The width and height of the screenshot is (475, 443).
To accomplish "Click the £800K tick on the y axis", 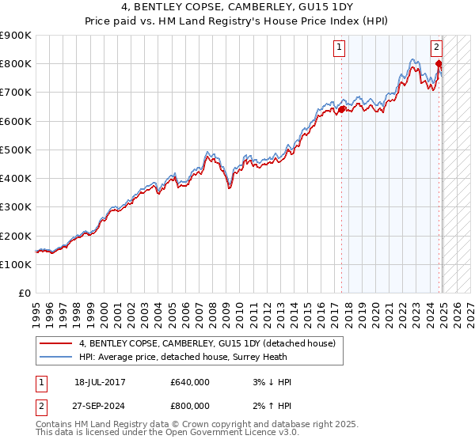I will pos(16,63).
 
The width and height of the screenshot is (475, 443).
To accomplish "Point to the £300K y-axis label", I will pos(16,207).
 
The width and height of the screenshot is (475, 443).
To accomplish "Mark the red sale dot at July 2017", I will pos(341,109).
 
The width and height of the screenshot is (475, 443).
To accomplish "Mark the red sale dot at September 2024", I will pos(439,64).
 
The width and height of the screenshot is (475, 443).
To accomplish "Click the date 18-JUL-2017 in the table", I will pos(100,382).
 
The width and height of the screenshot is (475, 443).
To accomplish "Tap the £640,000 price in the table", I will pos(190,382).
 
